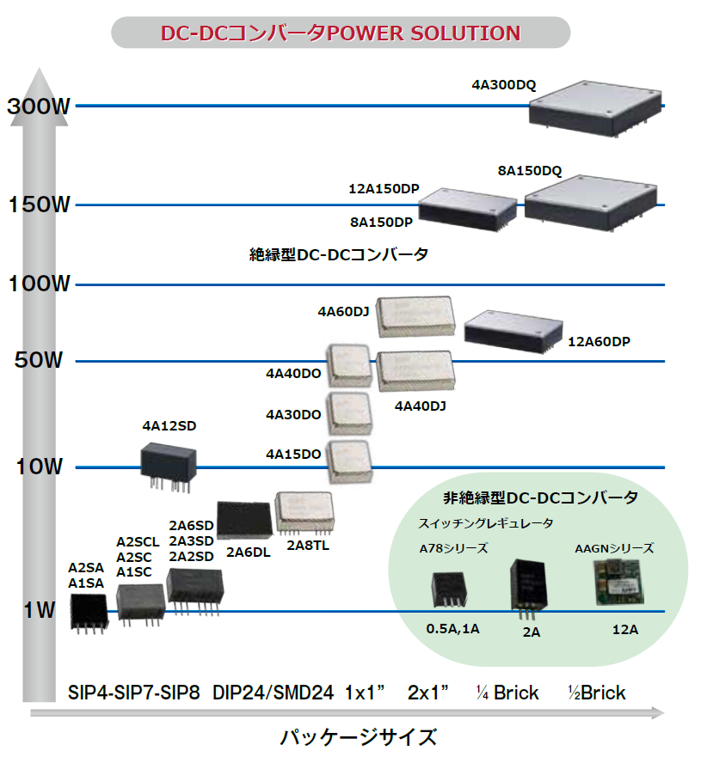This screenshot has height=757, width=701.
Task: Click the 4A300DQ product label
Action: click(503, 85)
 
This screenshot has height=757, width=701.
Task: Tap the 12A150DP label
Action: click(383, 188)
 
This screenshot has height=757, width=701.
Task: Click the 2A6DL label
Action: click(248, 552)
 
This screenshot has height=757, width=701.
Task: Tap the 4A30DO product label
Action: click(293, 415)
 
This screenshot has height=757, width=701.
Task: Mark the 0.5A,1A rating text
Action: click(452, 630)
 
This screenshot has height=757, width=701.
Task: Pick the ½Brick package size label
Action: click(597, 693)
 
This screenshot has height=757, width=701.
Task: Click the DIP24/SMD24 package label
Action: click(273, 693)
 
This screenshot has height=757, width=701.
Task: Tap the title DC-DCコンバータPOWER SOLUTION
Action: click(341, 34)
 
